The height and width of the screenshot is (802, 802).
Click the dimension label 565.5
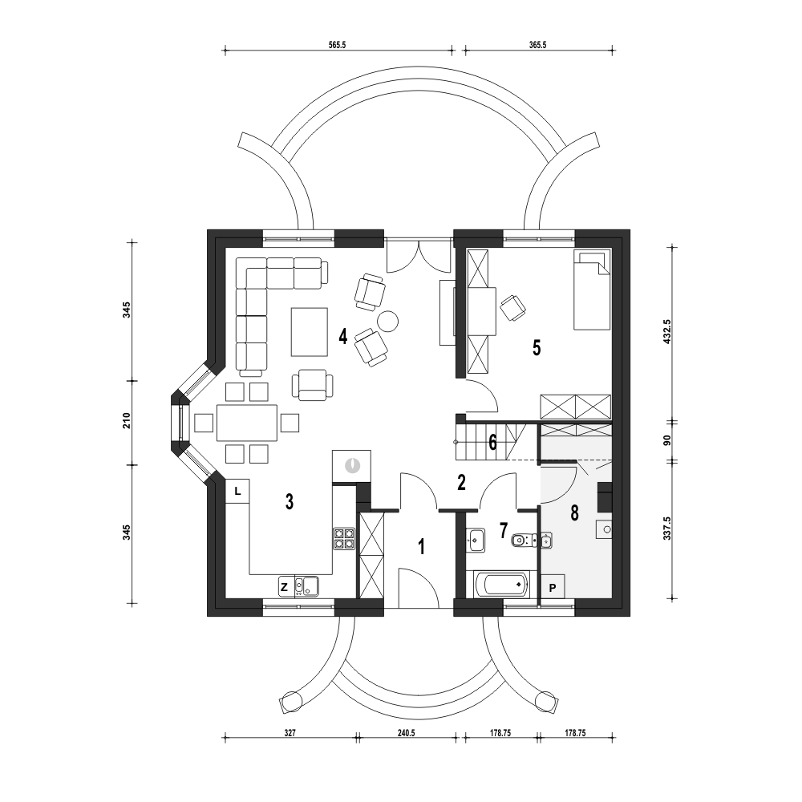(x=337, y=45)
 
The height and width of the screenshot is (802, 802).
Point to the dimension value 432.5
(x=667, y=331)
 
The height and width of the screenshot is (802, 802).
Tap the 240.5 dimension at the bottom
(x=406, y=733)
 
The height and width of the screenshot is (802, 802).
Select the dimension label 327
(x=290, y=733)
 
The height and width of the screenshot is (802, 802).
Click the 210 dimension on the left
(x=127, y=420)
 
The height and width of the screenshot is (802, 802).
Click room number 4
(x=342, y=337)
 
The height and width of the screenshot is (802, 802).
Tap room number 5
(x=537, y=348)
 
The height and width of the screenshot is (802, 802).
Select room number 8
(x=574, y=512)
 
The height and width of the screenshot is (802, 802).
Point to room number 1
(x=422, y=547)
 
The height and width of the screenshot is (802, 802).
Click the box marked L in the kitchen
(x=237, y=491)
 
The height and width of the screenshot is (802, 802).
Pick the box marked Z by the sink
(x=285, y=587)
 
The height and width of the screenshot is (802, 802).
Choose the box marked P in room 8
(x=553, y=588)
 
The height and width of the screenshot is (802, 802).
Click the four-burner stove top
(x=344, y=538)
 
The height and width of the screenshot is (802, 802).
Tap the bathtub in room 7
(x=501, y=584)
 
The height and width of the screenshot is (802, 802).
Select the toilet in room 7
(x=521, y=539)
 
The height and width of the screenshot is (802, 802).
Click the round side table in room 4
(x=387, y=322)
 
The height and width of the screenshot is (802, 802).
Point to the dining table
(x=247, y=423)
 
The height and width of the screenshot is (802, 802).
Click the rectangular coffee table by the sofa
(x=310, y=331)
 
